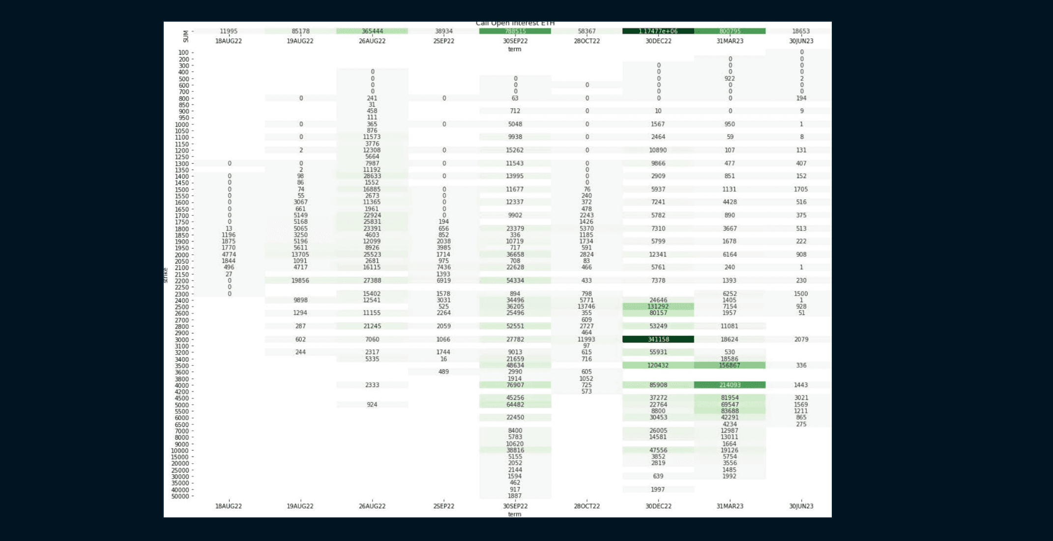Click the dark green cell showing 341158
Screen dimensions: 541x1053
[x=658, y=339]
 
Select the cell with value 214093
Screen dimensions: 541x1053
[x=730, y=385]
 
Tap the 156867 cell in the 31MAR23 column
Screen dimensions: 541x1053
[x=730, y=365]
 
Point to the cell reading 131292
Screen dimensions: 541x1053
[x=658, y=306]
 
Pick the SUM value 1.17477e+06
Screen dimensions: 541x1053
[x=658, y=31]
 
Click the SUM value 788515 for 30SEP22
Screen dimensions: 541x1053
[x=515, y=31]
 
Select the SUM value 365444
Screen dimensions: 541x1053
[x=372, y=31]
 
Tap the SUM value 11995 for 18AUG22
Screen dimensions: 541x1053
[x=229, y=31]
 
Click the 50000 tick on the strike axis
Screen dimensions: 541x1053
[x=180, y=496]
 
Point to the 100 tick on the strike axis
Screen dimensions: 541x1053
[x=183, y=53]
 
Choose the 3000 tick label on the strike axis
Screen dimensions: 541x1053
[x=181, y=340]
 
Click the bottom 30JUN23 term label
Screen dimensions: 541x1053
[x=801, y=506]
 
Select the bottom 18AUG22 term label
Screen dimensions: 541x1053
[x=229, y=506]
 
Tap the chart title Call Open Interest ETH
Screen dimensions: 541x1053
[x=515, y=24]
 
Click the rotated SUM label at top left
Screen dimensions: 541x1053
[x=186, y=36]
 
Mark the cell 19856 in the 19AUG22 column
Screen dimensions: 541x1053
[x=300, y=280]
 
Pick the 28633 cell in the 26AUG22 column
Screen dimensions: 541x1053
[x=372, y=176]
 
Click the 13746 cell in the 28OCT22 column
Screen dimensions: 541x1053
[x=586, y=306]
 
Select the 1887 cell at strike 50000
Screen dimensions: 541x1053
[x=515, y=496]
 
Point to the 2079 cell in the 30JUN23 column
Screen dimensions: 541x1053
[x=801, y=339]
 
